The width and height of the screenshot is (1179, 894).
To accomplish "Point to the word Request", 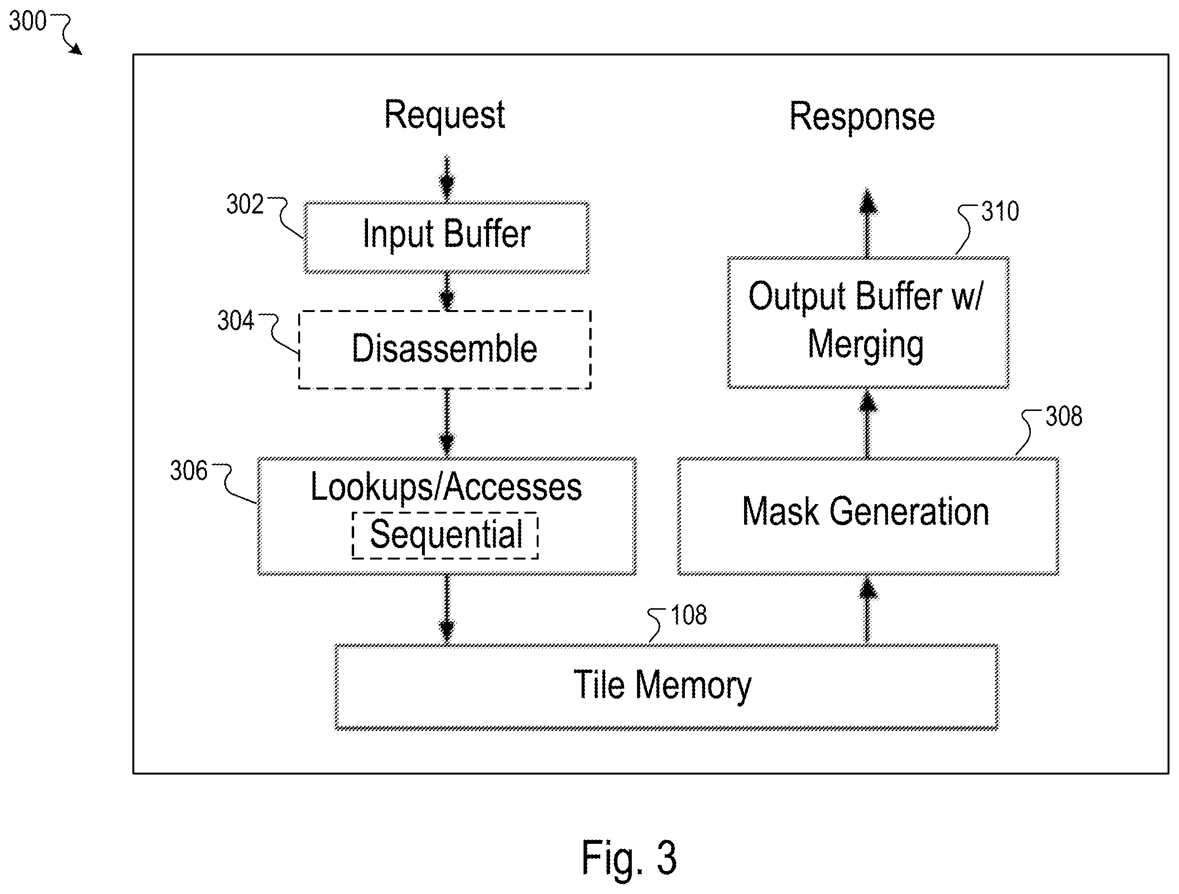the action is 444,115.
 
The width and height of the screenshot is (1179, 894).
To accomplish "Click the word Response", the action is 862,116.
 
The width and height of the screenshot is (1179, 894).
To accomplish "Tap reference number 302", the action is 245,204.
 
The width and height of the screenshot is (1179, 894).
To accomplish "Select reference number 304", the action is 236,321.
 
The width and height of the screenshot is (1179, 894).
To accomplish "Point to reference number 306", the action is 189,471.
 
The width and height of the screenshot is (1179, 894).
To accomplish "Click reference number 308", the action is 1064,416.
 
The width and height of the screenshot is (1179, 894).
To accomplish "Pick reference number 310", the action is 1000,212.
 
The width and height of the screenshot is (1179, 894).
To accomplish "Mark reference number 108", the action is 689,615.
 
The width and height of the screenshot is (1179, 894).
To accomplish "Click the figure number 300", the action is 28,22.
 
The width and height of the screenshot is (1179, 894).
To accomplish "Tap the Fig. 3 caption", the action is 629,858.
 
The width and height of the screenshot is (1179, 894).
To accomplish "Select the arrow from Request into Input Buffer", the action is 447,179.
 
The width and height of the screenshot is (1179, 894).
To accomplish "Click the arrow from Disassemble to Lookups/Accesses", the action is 447,422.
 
